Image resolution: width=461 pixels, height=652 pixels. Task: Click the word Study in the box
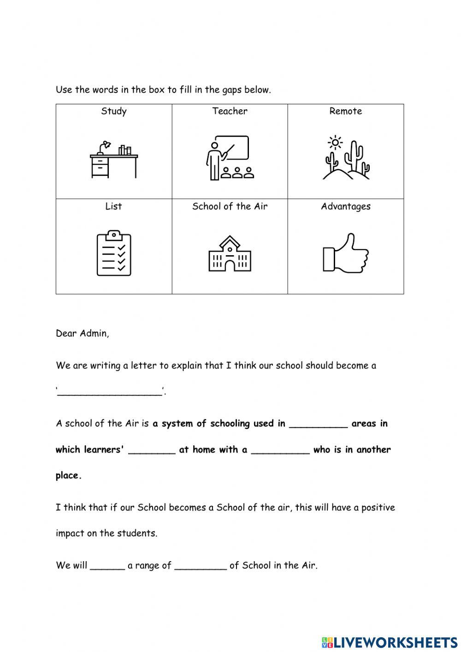[x=114, y=111]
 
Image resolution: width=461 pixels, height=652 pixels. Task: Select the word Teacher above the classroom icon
[x=230, y=111]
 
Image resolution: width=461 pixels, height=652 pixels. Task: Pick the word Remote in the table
[x=346, y=111]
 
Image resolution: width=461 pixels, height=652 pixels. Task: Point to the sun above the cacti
[x=335, y=142]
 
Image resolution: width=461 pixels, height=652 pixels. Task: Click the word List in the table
[x=113, y=206]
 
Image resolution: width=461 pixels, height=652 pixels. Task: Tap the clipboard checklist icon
[x=114, y=253]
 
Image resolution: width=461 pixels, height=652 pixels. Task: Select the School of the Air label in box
[x=230, y=206]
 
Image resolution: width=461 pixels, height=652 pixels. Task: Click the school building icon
[x=230, y=253]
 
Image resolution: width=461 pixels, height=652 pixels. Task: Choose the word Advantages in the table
[x=346, y=206]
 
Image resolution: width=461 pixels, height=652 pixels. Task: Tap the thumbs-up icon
[x=346, y=253]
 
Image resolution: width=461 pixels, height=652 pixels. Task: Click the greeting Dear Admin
[x=83, y=333]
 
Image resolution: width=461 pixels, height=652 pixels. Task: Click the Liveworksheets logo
[x=390, y=642]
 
